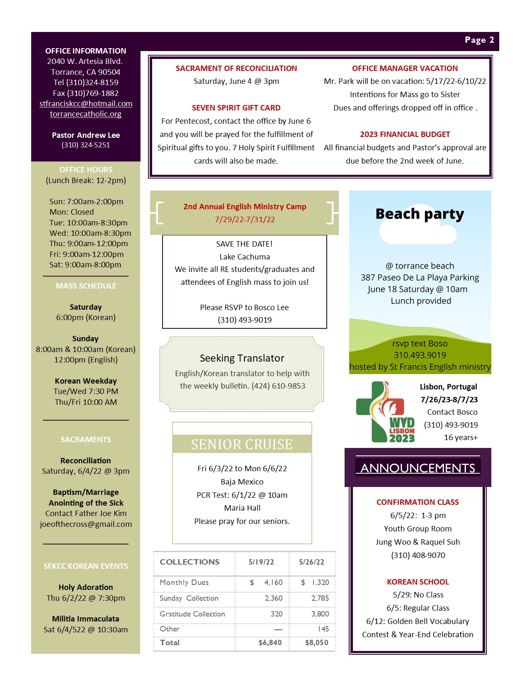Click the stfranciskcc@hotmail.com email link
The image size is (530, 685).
[86, 104]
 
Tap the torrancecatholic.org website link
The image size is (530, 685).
[86, 114]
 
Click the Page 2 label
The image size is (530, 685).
[479, 40]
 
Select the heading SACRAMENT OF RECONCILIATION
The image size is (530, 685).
[236, 68]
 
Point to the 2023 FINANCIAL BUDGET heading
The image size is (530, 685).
[405, 135]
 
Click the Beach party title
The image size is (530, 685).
[419, 214]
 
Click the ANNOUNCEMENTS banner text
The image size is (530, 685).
[418, 468]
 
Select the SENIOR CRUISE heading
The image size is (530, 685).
[242, 445]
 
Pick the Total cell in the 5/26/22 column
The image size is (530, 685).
[316, 643]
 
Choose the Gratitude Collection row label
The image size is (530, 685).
[192, 614]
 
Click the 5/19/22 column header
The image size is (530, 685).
[261, 562]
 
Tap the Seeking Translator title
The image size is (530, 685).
[242, 358]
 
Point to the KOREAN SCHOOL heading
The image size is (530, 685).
[418, 582]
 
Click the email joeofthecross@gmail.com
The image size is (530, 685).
[86, 524]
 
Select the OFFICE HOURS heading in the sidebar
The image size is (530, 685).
[86, 170]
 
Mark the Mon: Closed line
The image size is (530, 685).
[71, 212]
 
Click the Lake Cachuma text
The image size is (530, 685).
[244, 257]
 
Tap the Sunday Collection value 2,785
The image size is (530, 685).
[320, 598]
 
